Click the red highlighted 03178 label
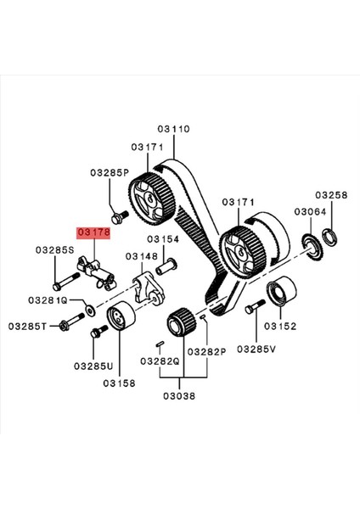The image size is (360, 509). click(93, 231)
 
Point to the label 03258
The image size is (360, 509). click(331, 194)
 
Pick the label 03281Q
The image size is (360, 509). click(48, 299)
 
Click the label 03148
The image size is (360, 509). click(143, 255)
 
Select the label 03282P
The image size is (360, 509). click(205, 350)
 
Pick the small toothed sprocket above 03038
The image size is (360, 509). click(180, 324)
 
